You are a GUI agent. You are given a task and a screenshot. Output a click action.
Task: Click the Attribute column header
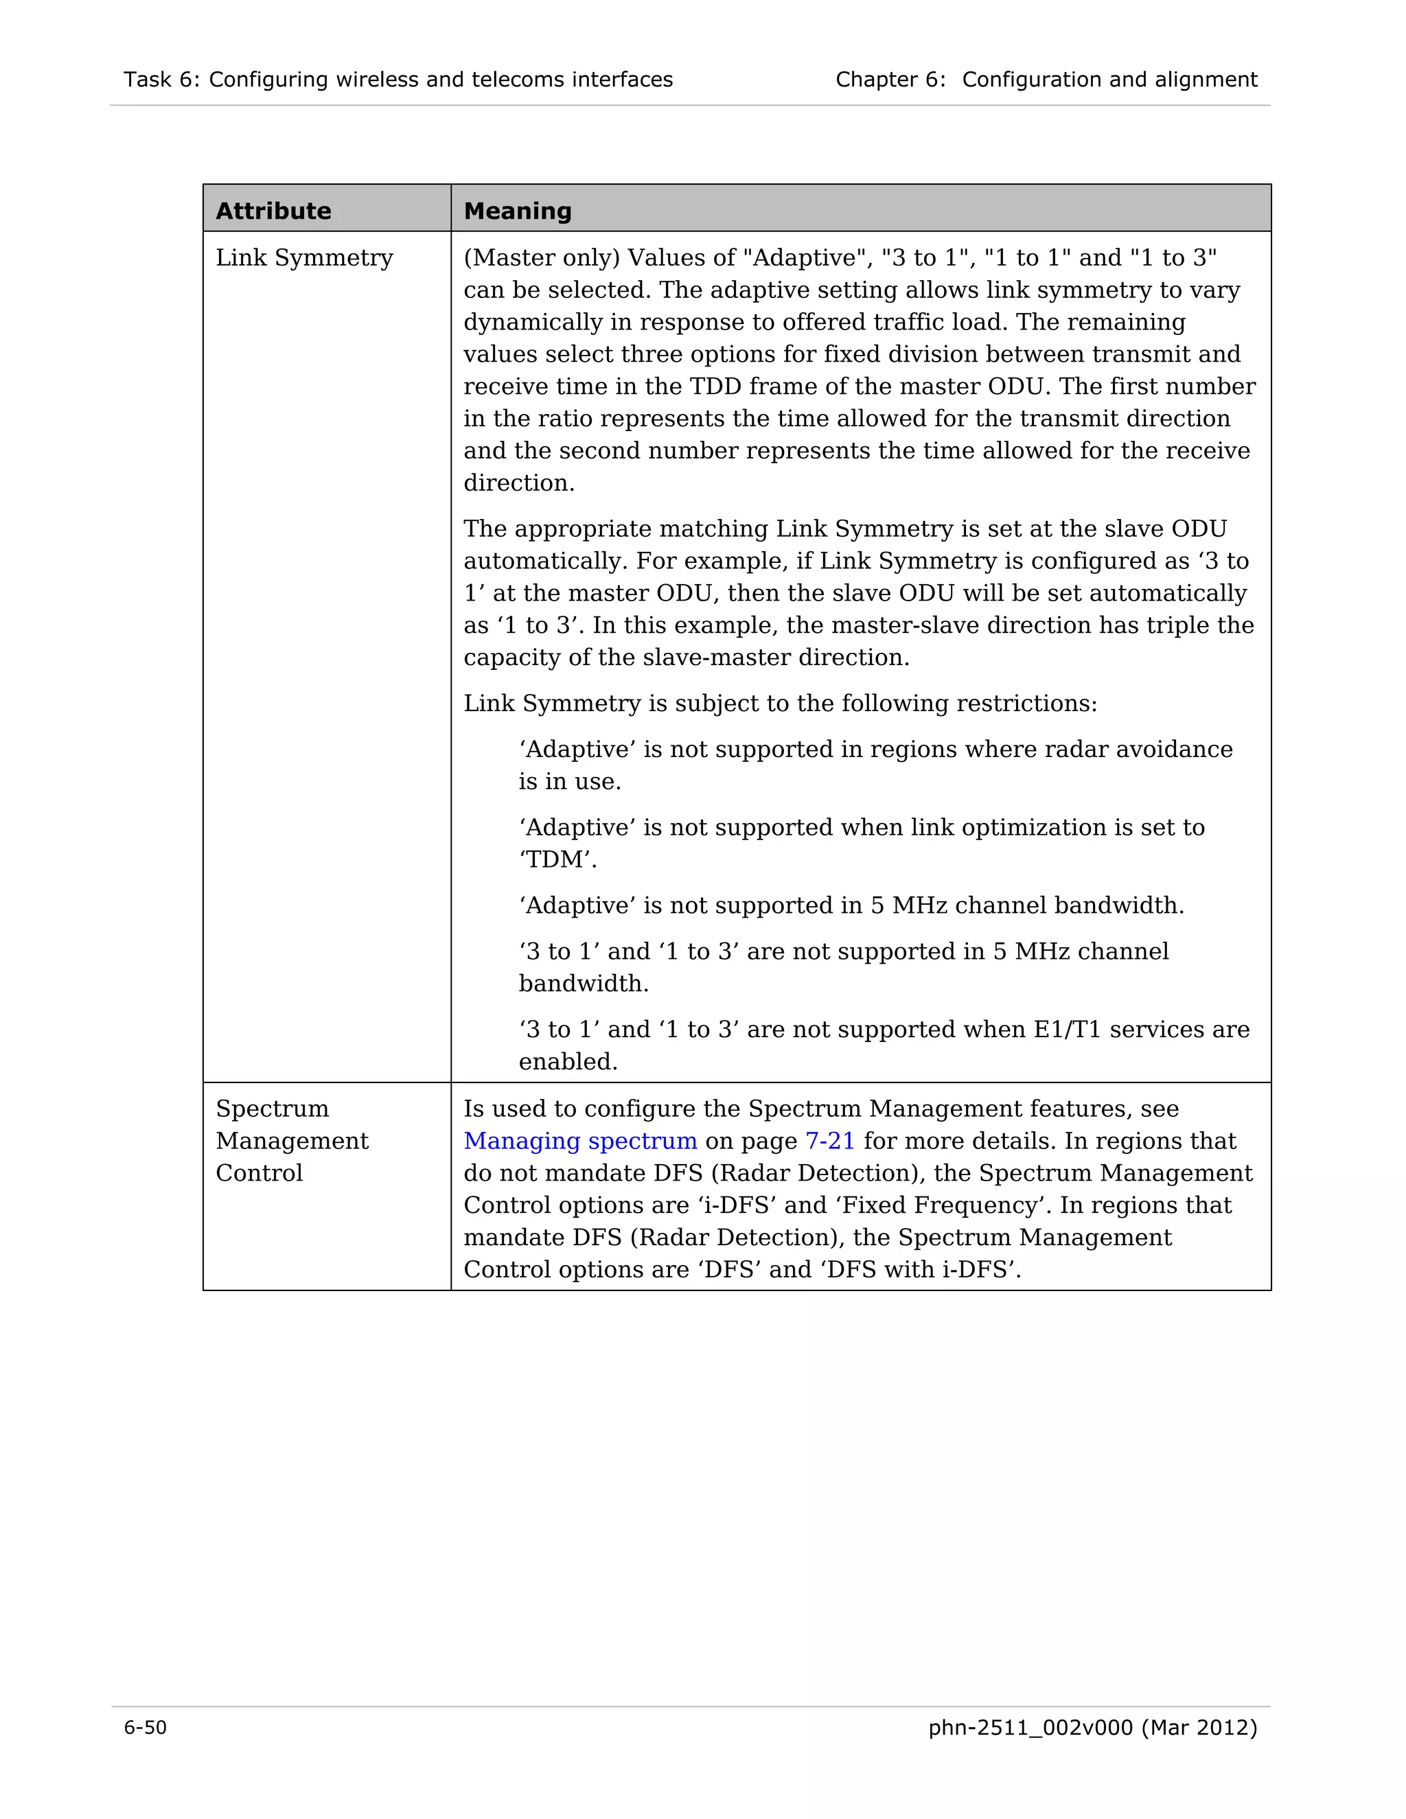(273, 211)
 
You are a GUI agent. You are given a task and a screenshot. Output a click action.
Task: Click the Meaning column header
(517, 211)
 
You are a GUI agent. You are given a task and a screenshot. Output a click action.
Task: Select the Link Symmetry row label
(304, 258)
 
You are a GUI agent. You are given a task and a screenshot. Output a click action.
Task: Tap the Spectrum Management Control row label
(292, 1140)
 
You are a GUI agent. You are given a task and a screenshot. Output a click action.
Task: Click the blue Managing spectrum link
(579, 1141)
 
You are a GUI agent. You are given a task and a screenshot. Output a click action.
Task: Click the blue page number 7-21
(829, 1141)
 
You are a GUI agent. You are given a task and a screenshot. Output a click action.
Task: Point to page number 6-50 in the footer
(145, 1728)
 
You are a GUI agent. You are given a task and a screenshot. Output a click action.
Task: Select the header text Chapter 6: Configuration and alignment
(1046, 80)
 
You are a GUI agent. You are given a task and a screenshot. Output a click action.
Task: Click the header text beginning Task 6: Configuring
(398, 80)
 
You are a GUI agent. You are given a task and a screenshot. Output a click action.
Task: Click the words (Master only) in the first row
(542, 258)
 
